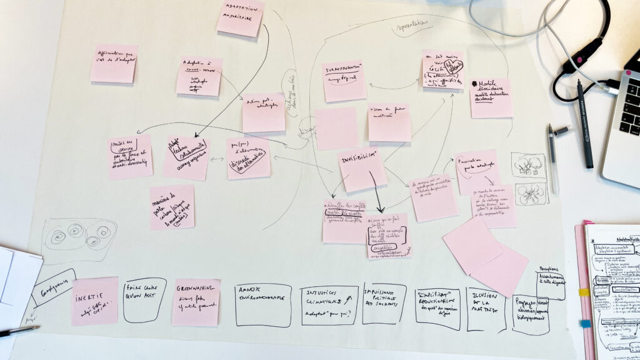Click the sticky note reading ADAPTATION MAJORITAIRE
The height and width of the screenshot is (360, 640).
(x=241, y=17)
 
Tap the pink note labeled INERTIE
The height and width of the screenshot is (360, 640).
(x=94, y=301)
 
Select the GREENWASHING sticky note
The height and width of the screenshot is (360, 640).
(x=196, y=302)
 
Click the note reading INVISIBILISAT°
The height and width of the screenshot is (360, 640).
(x=362, y=169)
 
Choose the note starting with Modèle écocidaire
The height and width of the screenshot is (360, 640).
(x=491, y=97)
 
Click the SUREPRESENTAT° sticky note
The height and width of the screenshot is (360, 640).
(x=344, y=81)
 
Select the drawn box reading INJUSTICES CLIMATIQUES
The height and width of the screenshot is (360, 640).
(x=329, y=305)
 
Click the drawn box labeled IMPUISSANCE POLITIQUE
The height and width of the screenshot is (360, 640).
(x=384, y=303)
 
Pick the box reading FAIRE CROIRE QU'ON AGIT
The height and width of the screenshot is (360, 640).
(x=144, y=299)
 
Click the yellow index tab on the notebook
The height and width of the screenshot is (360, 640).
(x=584, y=292)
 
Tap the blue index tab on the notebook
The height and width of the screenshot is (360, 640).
(x=585, y=323)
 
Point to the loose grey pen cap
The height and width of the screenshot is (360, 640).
(x=561, y=131)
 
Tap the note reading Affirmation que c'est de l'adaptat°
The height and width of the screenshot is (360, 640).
(x=114, y=63)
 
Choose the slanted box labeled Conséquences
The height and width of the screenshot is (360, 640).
(x=54, y=287)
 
